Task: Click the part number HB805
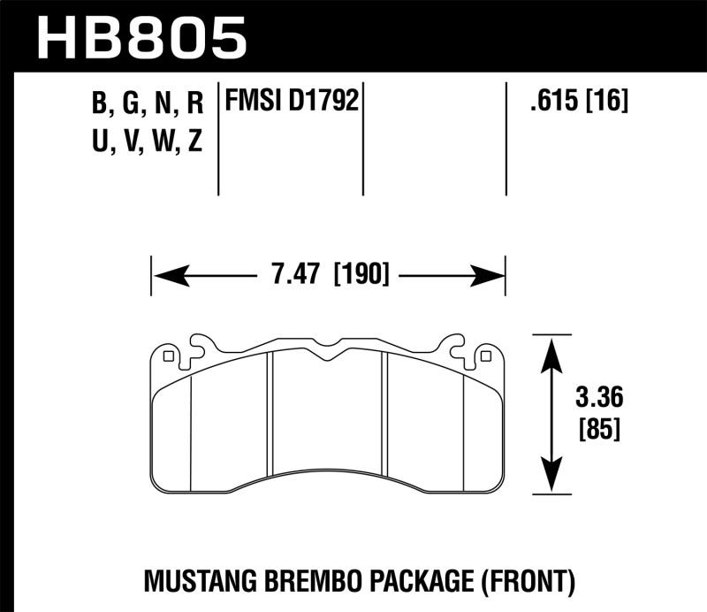pyautogui.click(x=141, y=37)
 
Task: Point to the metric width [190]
pyautogui.click(x=361, y=275)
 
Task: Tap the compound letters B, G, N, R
pyautogui.click(x=148, y=104)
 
